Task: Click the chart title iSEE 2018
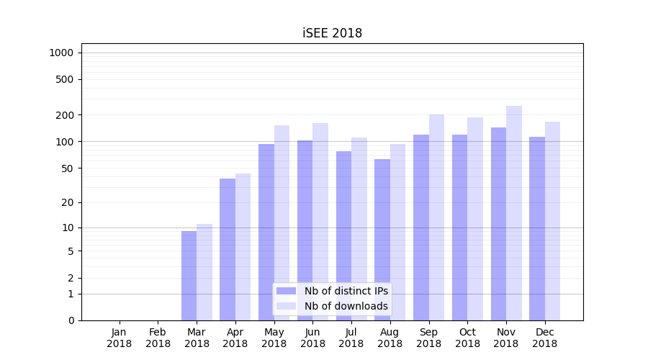coord(332,33)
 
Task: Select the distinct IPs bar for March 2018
coord(189,276)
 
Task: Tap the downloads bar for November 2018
coord(513,213)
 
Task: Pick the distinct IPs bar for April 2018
coord(228,249)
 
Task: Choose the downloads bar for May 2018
coord(282,222)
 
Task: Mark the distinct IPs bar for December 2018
coord(537,228)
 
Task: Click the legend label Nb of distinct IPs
coord(346,291)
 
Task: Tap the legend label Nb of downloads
coord(346,306)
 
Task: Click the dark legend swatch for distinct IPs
coord(287,291)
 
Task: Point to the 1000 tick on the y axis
coord(61,53)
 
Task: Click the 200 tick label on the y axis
coord(65,115)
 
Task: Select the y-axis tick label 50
coord(67,168)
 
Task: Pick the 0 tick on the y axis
coord(71,320)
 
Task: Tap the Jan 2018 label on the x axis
coord(120,338)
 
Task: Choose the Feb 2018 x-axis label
coord(158,338)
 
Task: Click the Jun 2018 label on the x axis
coord(312,338)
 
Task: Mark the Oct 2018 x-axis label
coord(467,338)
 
